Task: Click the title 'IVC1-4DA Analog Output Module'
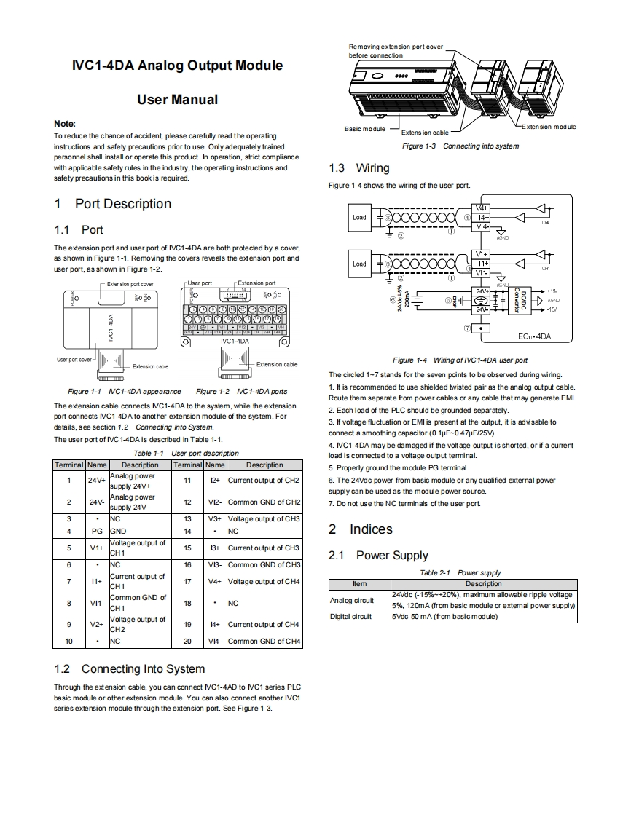(177, 66)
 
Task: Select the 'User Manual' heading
(177, 100)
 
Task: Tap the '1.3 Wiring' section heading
(359, 168)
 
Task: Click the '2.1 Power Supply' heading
(378, 556)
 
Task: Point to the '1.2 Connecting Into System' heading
(130, 668)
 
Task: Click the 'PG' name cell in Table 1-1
(97, 532)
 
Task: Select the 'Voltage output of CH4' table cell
(264, 581)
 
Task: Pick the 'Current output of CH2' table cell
(264, 481)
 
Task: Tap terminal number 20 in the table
(187, 641)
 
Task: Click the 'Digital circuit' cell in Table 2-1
(351, 617)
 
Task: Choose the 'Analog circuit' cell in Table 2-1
(352, 601)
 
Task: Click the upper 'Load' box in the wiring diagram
(360, 217)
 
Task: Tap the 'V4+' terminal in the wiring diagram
(482, 208)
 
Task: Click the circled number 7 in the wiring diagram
(467, 328)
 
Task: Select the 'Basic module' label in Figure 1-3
(365, 129)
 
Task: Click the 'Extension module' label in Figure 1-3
(549, 127)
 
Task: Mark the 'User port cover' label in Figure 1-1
(74, 360)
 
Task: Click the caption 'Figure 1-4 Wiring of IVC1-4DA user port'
(460, 360)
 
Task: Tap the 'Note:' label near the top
(65, 124)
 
